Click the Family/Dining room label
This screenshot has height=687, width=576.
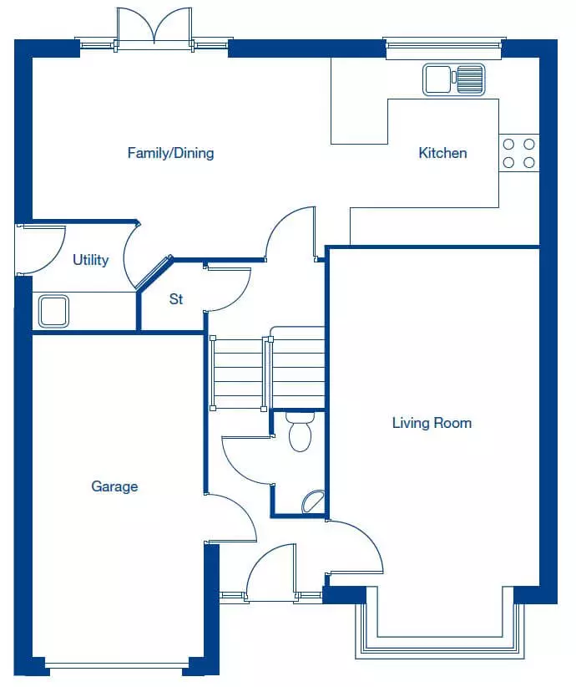pyautogui.click(x=170, y=153)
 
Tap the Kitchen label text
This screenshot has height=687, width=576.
pyautogui.click(x=442, y=153)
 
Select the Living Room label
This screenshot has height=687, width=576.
pyautogui.click(x=432, y=423)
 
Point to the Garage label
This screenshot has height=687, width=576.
pyautogui.click(x=114, y=486)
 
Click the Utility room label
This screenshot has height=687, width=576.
pyautogui.click(x=91, y=260)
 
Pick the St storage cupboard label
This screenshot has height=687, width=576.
pyautogui.click(x=176, y=299)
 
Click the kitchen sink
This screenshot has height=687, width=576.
pyautogui.click(x=454, y=79)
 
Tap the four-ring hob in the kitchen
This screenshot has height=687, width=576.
pyautogui.click(x=518, y=153)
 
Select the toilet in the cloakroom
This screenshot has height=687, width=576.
pyautogui.click(x=300, y=430)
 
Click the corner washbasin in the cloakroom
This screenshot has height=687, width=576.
pyautogui.click(x=313, y=501)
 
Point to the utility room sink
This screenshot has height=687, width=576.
pyautogui.click(x=53, y=311)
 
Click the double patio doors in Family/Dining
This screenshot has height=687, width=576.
pyautogui.click(x=154, y=28)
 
